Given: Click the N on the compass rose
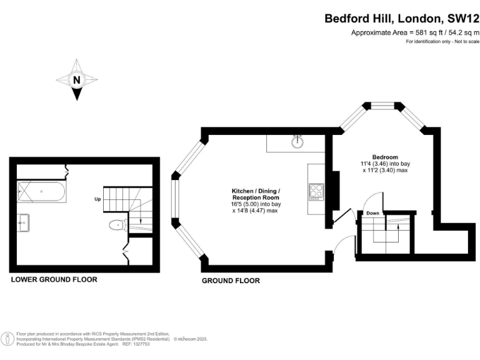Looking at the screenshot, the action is [76, 80].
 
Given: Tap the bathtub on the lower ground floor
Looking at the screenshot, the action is [41, 192].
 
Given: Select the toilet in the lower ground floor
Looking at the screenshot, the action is [118, 225].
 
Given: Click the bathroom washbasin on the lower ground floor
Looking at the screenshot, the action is [23, 222].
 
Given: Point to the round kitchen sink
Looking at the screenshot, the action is [297, 141].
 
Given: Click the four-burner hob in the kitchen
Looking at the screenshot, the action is [316, 192].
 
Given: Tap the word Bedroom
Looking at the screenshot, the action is [385, 157].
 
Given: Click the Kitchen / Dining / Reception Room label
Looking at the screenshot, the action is [256, 194].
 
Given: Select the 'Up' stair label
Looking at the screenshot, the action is [97, 199].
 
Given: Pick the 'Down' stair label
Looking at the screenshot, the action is [372, 213].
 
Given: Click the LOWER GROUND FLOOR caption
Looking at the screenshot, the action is [54, 279].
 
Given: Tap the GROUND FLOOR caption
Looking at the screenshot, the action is [231, 281].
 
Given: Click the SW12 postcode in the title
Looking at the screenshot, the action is [463, 19].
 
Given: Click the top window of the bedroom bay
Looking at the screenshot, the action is [382, 106].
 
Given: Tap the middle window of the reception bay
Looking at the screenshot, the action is [174, 199].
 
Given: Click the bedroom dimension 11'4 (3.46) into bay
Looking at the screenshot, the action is [385, 164].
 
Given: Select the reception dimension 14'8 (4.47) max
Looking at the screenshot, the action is [255, 211].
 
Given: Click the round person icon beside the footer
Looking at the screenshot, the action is [7, 339].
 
